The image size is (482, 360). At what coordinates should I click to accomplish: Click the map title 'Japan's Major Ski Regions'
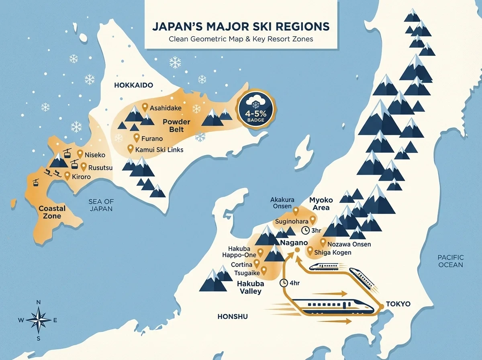pos(241,27)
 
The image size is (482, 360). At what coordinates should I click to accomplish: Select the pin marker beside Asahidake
pos(145,107)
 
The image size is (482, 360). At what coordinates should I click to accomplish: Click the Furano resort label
pos(152,139)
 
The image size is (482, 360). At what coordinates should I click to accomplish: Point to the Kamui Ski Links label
pos(159,149)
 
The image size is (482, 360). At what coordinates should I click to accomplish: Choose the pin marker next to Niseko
pos(80,153)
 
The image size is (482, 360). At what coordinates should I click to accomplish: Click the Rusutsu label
pos(100,166)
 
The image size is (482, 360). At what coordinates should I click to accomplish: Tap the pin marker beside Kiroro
pos(67,176)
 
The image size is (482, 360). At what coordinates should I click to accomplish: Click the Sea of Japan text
pos(101,205)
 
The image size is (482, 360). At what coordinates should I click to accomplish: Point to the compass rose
pos(38,320)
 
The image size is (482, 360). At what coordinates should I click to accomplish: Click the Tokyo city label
pos(398,304)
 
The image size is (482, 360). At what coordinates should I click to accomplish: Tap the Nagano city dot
pos(297,250)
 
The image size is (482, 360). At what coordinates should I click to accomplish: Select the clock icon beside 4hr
pos(284,282)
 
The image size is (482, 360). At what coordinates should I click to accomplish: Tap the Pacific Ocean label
pos(451,261)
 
